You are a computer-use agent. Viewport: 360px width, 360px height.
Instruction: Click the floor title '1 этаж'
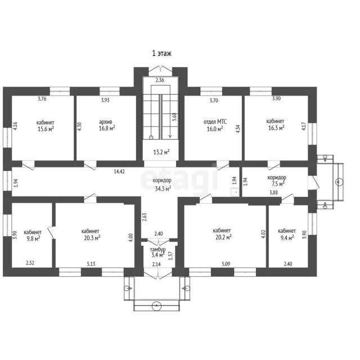click(162, 53)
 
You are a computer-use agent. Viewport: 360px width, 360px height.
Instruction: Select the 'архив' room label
click(106, 122)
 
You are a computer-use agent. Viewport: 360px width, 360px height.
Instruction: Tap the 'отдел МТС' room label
click(215, 121)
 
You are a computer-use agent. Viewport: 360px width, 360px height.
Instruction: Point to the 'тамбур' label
click(157, 250)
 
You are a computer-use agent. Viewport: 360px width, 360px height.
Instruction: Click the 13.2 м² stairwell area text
click(161, 152)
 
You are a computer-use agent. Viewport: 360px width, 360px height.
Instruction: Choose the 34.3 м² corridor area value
click(163, 189)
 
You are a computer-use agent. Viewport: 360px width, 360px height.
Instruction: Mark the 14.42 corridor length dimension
click(119, 171)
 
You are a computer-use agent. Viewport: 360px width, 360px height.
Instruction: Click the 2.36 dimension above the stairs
click(160, 80)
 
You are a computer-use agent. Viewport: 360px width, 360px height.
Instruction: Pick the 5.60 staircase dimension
click(174, 117)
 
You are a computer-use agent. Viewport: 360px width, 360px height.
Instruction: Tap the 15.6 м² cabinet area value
click(46, 129)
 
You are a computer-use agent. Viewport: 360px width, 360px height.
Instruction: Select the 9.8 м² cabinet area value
click(33, 238)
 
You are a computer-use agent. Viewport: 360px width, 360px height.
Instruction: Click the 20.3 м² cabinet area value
click(92, 237)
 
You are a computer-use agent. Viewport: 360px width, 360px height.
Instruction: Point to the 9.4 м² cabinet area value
click(287, 237)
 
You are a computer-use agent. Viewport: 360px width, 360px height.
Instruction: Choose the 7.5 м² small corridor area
click(278, 184)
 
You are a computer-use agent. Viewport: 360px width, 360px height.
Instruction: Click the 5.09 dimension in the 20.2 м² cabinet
click(226, 264)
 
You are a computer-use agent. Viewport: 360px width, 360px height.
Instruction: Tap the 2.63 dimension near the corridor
click(145, 217)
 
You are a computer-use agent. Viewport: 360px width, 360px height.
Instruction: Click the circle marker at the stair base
click(151, 137)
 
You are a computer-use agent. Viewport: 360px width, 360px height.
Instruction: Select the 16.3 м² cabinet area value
click(276, 128)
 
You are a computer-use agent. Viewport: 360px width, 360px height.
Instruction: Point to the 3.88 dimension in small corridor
click(274, 192)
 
